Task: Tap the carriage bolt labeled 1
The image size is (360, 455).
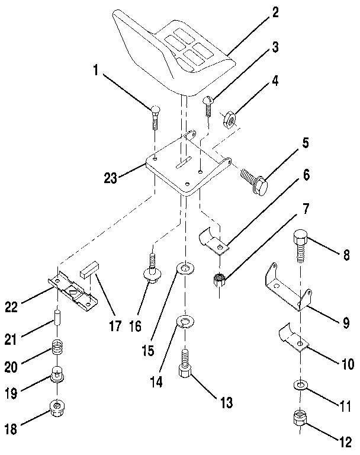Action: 155,116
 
